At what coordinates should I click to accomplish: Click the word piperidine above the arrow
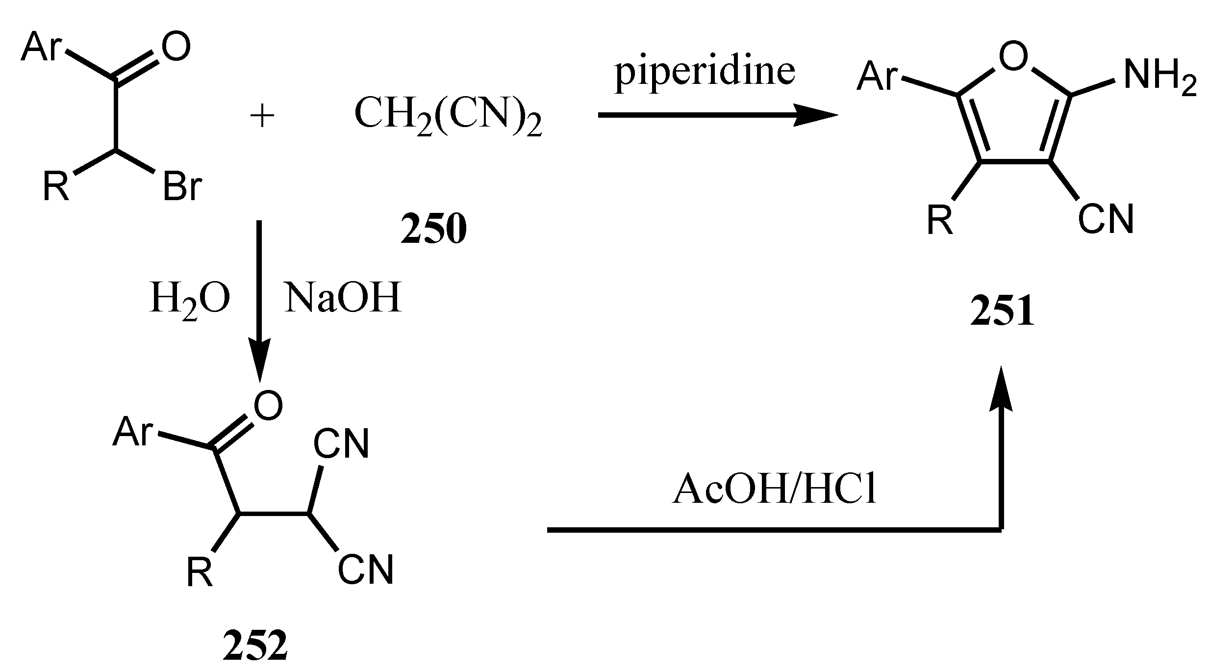pos(705,74)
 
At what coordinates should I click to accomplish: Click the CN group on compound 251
pos(1106,219)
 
